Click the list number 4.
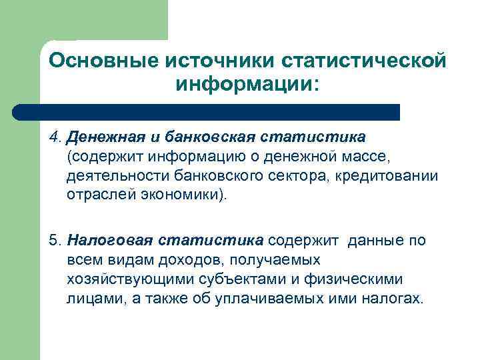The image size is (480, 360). click(55, 137)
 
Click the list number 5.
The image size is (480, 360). click(55, 239)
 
